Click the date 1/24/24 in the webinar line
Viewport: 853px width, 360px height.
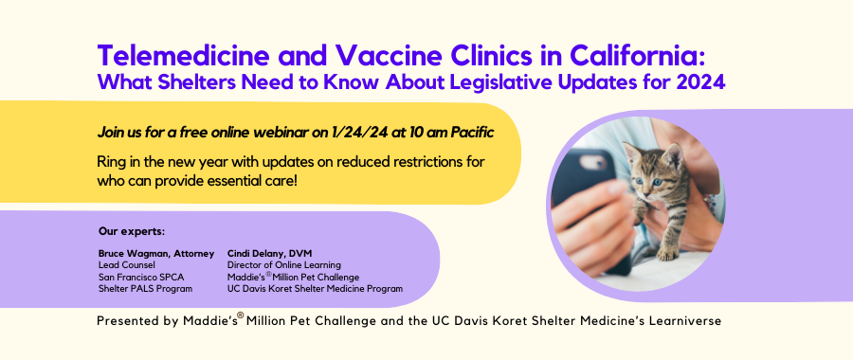click(x=358, y=133)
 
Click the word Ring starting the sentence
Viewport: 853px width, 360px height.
click(x=109, y=163)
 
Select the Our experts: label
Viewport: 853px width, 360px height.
click(x=132, y=232)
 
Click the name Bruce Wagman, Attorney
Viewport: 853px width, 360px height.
click(x=156, y=253)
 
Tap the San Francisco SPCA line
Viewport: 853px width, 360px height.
click(x=134, y=277)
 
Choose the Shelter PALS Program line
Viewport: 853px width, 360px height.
click(x=145, y=289)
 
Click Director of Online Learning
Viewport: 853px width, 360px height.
click(x=284, y=265)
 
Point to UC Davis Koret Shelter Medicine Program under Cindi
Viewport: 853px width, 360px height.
click(x=315, y=289)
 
